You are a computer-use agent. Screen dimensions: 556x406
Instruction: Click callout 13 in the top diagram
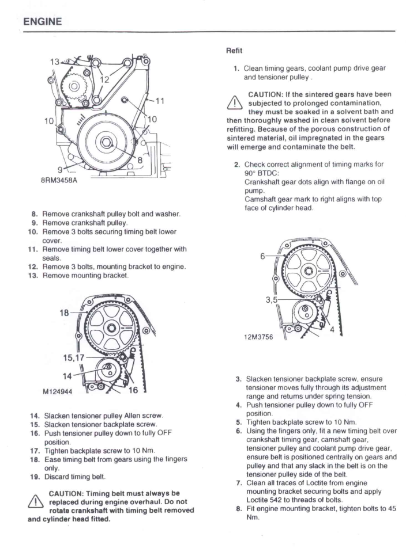coord(54,62)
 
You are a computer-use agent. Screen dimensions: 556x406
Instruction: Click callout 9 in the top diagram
coord(59,170)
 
